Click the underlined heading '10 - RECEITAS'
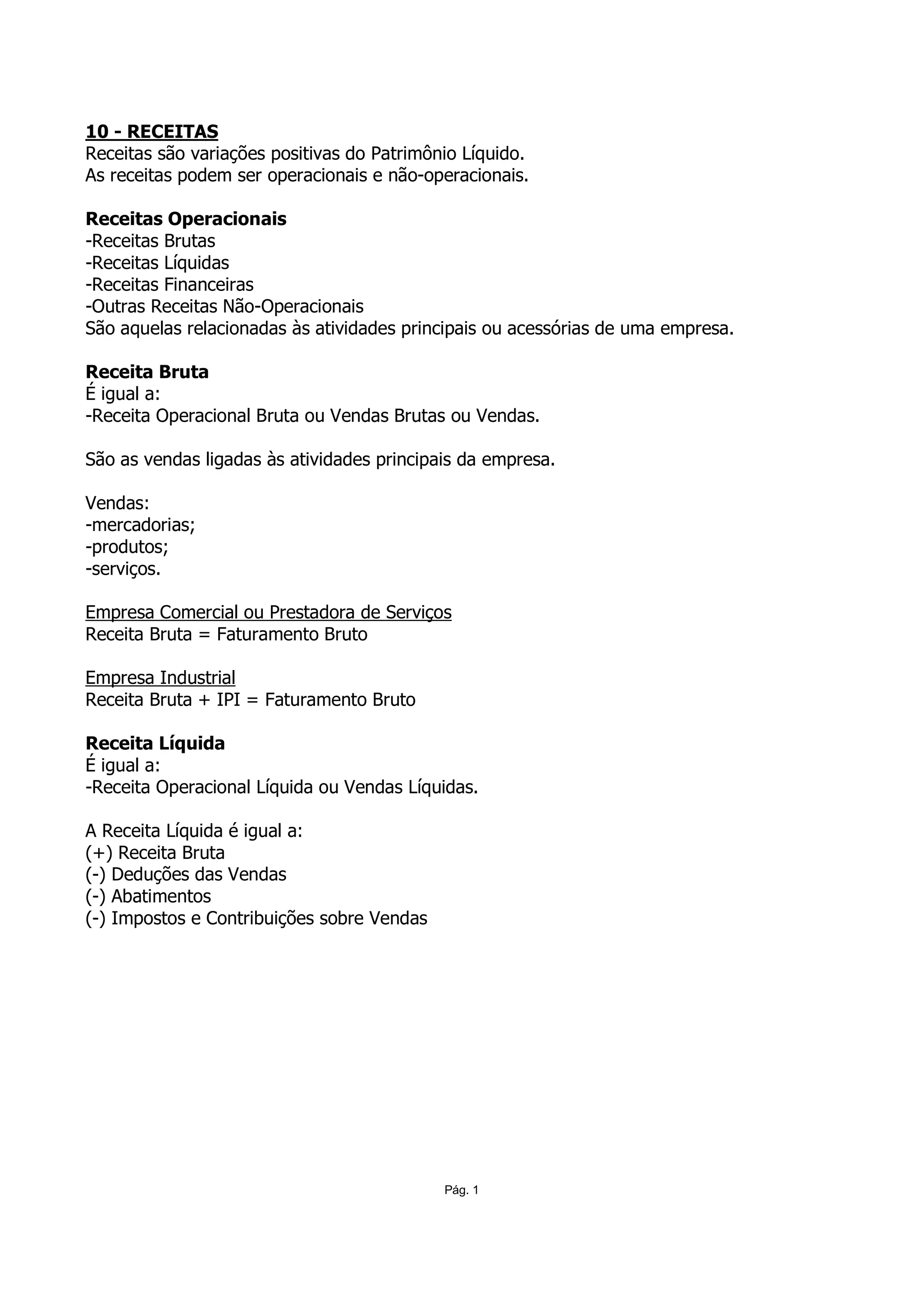tap(151, 132)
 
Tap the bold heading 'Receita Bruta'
tap(147, 372)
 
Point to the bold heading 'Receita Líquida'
tap(155, 743)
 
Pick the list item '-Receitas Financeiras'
tap(169, 285)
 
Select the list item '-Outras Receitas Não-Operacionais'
tap(224, 307)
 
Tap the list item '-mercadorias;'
tap(140, 525)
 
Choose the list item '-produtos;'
tap(126, 547)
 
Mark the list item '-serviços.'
tap(123, 569)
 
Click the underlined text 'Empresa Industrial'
tap(160, 678)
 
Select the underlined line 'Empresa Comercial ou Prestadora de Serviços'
tap(268, 613)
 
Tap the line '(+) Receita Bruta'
tap(155, 853)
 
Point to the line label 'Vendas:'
tap(117, 503)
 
